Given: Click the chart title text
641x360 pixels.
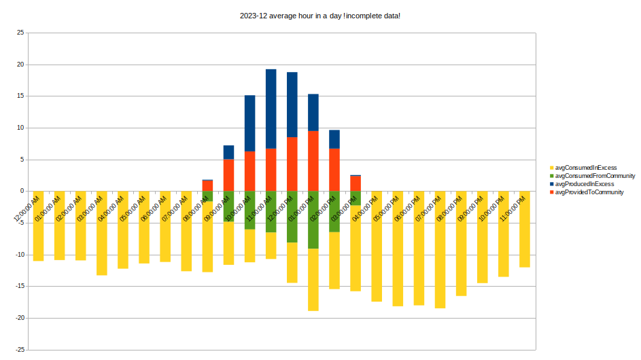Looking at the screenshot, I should tap(319, 16).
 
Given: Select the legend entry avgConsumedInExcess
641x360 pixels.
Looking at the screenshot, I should tap(585, 167).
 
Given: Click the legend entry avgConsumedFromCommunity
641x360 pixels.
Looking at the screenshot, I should tap(595, 175).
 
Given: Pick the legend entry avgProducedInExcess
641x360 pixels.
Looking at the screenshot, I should tap(585, 184).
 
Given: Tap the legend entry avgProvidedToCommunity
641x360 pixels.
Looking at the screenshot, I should tap(589, 192).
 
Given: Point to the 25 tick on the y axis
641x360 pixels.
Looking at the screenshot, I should tap(20, 33).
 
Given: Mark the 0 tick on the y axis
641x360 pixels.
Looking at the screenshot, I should tap(22, 192).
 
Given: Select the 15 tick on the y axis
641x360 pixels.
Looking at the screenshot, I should tap(20, 96).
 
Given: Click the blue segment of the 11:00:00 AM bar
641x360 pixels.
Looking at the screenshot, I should tap(271, 109).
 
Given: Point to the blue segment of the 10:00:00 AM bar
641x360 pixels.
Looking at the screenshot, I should tap(250, 123).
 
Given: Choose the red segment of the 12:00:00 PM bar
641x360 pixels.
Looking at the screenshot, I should tap(292, 164).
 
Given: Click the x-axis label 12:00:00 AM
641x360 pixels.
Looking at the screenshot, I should tap(27, 209).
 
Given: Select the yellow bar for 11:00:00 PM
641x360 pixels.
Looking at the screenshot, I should tap(525, 238).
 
